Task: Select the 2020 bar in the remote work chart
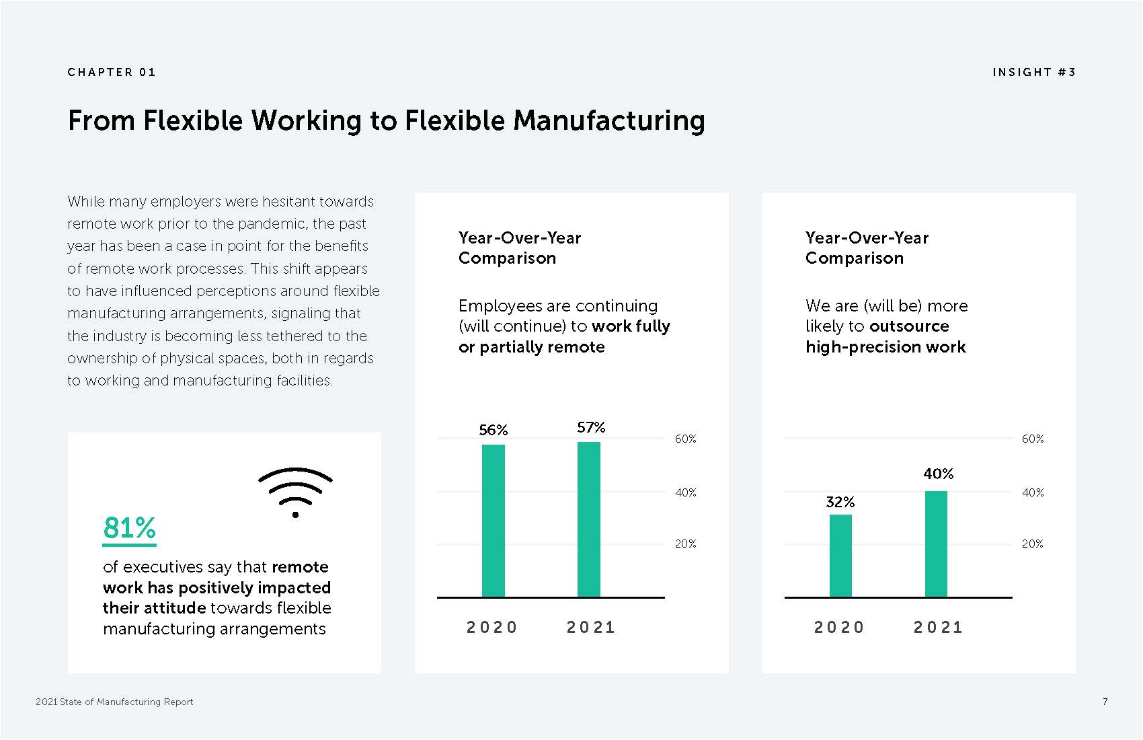click(x=494, y=521)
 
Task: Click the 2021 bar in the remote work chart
click(x=589, y=519)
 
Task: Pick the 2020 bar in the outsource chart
click(x=840, y=556)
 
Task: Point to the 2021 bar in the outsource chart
click(x=937, y=544)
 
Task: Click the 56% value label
click(x=493, y=430)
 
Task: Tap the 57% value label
click(x=591, y=427)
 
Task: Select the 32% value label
click(x=840, y=502)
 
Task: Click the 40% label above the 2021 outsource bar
click(x=939, y=474)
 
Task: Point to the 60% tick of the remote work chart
click(x=685, y=439)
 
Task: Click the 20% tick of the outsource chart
click(x=1032, y=544)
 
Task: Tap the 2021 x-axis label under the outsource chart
click(x=939, y=627)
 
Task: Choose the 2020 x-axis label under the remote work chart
click(x=492, y=627)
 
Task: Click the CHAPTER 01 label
click(x=112, y=72)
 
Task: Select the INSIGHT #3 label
click(x=1034, y=72)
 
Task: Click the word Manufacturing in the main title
click(x=608, y=121)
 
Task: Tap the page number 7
click(x=1105, y=702)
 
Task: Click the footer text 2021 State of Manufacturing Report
click(x=114, y=702)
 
